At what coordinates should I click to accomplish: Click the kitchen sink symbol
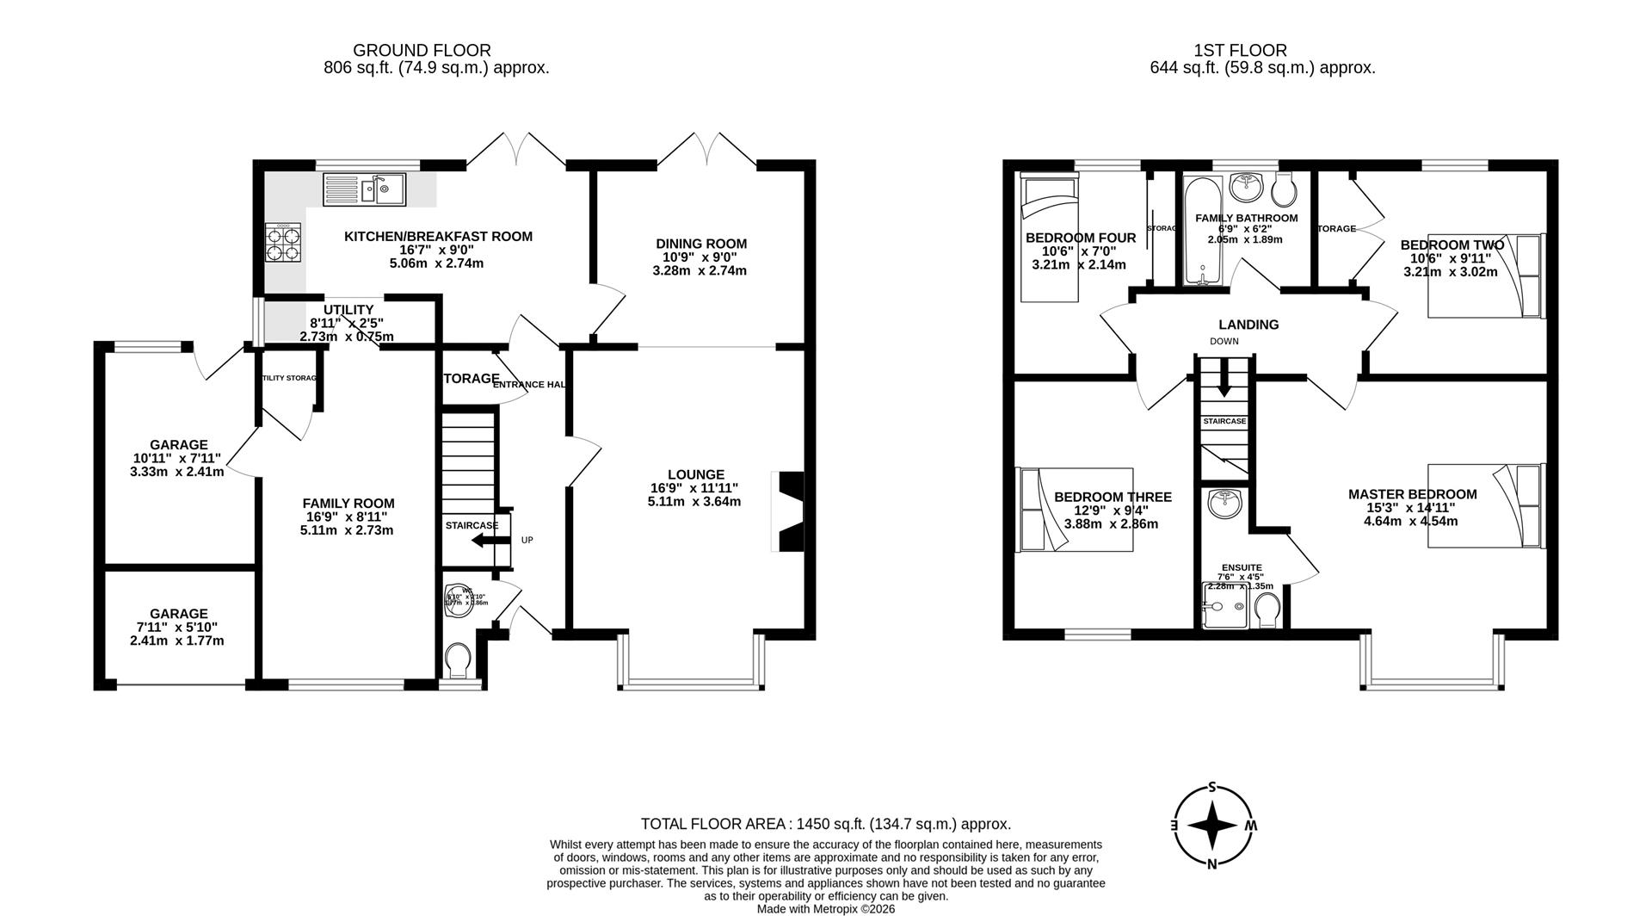click(364, 189)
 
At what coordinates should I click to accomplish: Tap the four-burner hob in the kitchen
click(284, 241)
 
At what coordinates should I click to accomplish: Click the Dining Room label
click(700, 244)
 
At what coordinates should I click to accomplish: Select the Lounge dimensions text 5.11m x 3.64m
click(693, 501)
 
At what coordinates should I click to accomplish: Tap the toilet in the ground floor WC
click(458, 661)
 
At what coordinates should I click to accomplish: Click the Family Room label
click(348, 504)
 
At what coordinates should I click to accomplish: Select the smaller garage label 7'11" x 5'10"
click(178, 628)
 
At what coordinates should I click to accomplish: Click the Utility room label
click(348, 310)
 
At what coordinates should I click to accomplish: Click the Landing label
click(1248, 325)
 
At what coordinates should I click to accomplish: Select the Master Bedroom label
click(1411, 494)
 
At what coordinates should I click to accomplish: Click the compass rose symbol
click(1213, 825)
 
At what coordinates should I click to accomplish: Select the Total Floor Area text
click(825, 824)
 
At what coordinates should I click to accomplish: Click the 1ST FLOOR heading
click(1240, 51)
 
